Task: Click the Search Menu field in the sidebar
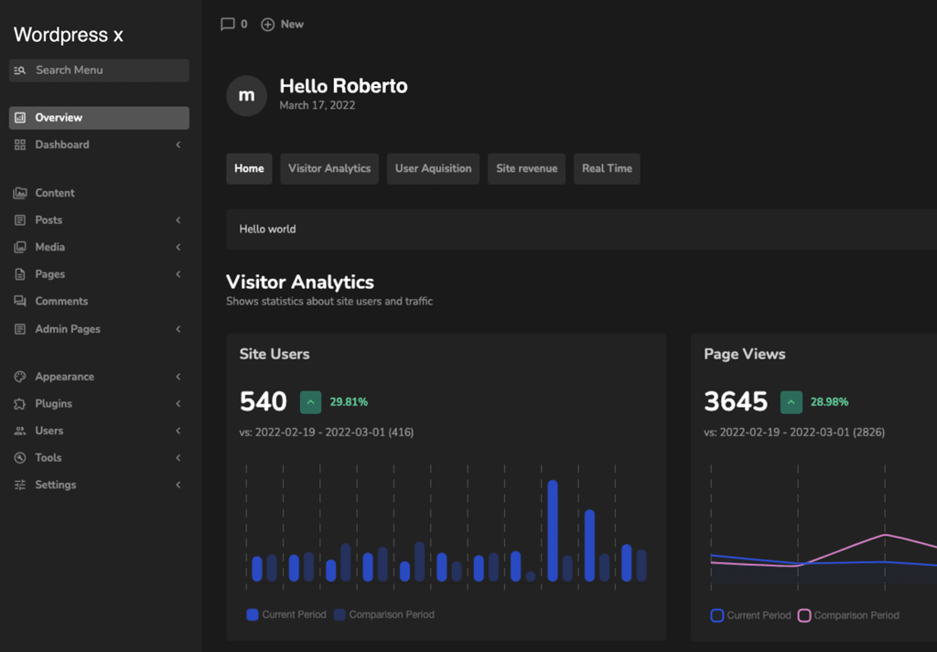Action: pyautogui.click(x=99, y=70)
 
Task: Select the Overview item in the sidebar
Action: pyautogui.click(x=99, y=118)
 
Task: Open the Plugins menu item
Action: pyautogui.click(x=53, y=403)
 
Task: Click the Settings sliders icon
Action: pyautogui.click(x=20, y=485)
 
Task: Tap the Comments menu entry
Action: pyautogui.click(x=61, y=302)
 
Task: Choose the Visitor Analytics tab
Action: pyautogui.click(x=329, y=168)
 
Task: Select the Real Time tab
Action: pyautogui.click(x=607, y=168)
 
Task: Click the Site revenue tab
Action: pyautogui.click(x=526, y=168)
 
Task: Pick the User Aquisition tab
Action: pyautogui.click(x=433, y=168)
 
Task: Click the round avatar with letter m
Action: pyautogui.click(x=246, y=95)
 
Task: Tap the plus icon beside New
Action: pyautogui.click(x=268, y=25)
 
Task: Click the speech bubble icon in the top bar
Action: pyautogui.click(x=227, y=25)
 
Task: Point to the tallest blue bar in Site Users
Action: pyautogui.click(x=553, y=530)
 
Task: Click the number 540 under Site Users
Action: pyautogui.click(x=263, y=401)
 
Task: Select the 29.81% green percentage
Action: pyautogui.click(x=349, y=401)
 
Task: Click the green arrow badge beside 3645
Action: pyautogui.click(x=792, y=402)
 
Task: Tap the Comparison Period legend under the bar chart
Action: pyautogui.click(x=384, y=615)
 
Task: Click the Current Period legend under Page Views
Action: pyautogui.click(x=750, y=615)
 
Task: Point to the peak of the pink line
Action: pyautogui.click(x=885, y=535)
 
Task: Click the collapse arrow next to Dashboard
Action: pyautogui.click(x=178, y=144)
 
